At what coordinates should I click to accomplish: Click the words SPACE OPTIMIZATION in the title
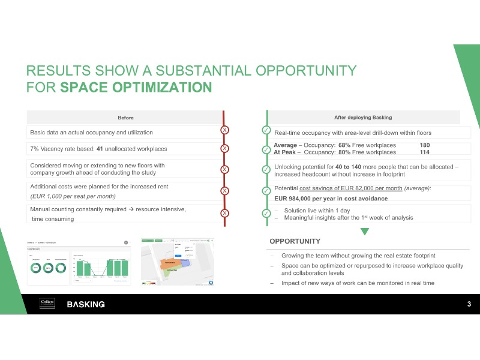click(136, 88)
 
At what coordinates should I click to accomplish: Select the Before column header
click(125, 117)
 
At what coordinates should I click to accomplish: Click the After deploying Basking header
click(362, 117)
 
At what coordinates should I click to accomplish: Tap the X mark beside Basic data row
click(224, 130)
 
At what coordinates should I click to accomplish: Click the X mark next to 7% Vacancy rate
click(224, 148)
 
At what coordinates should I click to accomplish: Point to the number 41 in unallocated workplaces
click(100, 148)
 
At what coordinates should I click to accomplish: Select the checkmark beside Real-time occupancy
click(266, 130)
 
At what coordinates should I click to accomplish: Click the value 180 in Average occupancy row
click(425, 145)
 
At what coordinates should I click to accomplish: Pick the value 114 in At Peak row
click(425, 152)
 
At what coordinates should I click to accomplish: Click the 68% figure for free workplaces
click(344, 145)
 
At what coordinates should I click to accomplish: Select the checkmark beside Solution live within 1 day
click(266, 214)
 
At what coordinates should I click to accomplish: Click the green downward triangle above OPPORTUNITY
click(364, 231)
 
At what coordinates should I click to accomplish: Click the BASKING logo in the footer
click(86, 304)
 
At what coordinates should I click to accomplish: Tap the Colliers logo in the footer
click(47, 304)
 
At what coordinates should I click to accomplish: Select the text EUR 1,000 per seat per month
click(73, 196)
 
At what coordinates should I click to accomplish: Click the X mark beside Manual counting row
click(224, 213)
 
